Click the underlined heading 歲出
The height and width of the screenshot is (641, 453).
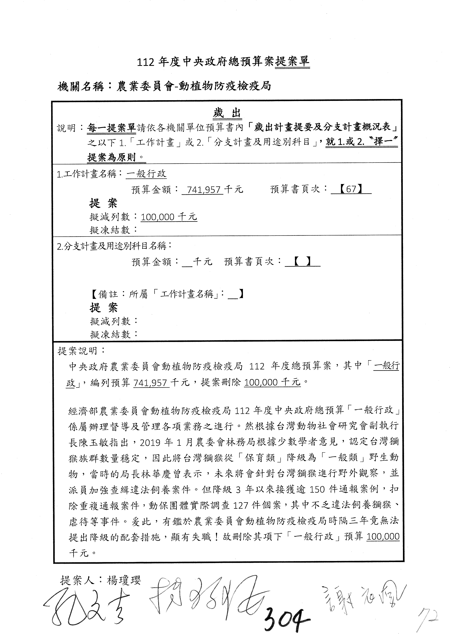(x=227, y=113)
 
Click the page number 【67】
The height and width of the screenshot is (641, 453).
(x=351, y=190)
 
